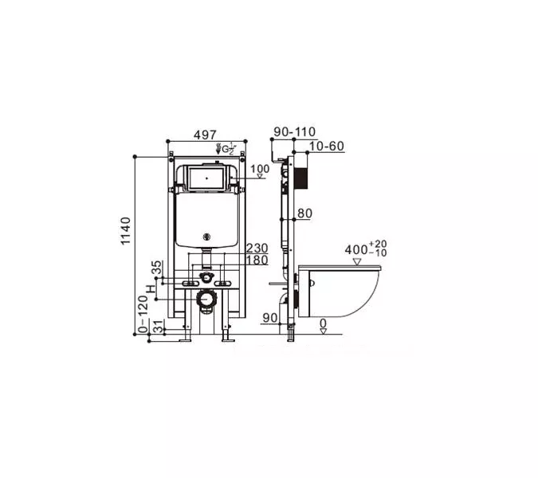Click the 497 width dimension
tap(205, 135)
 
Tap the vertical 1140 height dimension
tap(126, 231)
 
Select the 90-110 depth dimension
tap(294, 131)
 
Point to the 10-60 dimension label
tap(326, 146)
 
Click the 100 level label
tap(260, 169)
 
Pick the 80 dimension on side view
tap(304, 214)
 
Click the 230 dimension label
tap(257, 248)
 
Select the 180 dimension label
tap(257, 261)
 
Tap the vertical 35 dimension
tap(156, 267)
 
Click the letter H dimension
tap(151, 288)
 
